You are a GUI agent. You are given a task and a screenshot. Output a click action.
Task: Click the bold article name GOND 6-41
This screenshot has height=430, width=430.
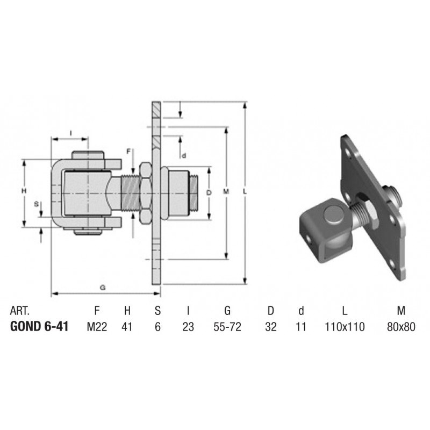click(39, 327)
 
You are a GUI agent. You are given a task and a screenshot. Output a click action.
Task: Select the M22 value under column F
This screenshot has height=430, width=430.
click(97, 327)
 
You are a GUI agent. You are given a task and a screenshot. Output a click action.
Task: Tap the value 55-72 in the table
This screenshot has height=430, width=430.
click(227, 327)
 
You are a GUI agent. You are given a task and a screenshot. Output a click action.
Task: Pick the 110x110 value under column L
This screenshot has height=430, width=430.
click(345, 327)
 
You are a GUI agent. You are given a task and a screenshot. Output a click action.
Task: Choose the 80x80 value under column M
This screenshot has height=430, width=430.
click(401, 327)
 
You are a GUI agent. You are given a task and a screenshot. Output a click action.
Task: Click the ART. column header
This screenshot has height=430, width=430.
click(19, 311)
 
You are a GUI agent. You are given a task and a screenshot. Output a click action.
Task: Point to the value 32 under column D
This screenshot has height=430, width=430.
click(271, 327)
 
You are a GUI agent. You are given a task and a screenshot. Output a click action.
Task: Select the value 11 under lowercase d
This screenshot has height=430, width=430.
click(301, 327)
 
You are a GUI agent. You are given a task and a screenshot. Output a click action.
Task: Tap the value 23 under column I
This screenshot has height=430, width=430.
click(188, 327)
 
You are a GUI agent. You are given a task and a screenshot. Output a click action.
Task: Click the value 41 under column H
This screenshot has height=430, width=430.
click(127, 327)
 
